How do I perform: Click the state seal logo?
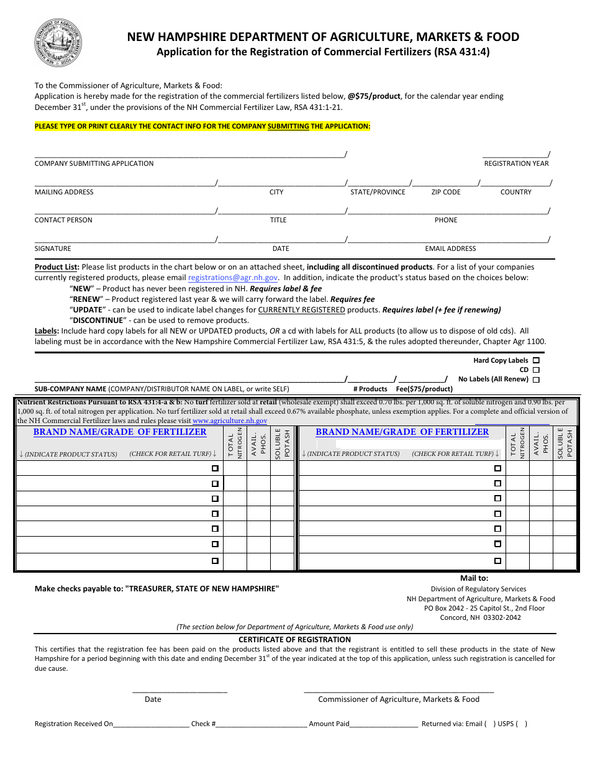click(x=58, y=43)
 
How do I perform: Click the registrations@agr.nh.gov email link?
click(x=233, y=278)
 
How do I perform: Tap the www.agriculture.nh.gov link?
click(x=230, y=421)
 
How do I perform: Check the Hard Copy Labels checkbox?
click(x=536, y=360)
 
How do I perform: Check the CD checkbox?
click(x=536, y=370)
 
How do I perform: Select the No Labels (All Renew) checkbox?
click(x=536, y=380)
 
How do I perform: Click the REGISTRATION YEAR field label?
click(x=516, y=163)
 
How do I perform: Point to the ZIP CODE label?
click(x=446, y=192)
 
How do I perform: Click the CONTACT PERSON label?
click(x=63, y=220)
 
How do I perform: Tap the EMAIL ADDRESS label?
click(x=450, y=248)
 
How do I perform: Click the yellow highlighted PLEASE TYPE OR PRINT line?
click(x=202, y=126)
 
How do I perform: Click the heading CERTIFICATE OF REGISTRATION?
click(x=294, y=639)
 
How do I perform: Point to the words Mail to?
click(x=474, y=578)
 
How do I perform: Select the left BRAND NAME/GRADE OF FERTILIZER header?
click(x=120, y=432)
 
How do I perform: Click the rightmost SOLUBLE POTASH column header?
click(x=564, y=443)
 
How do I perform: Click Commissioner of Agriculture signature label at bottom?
click(x=399, y=699)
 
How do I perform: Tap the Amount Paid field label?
click(x=329, y=724)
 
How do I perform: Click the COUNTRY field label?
click(x=515, y=192)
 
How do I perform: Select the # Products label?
click(x=370, y=389)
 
